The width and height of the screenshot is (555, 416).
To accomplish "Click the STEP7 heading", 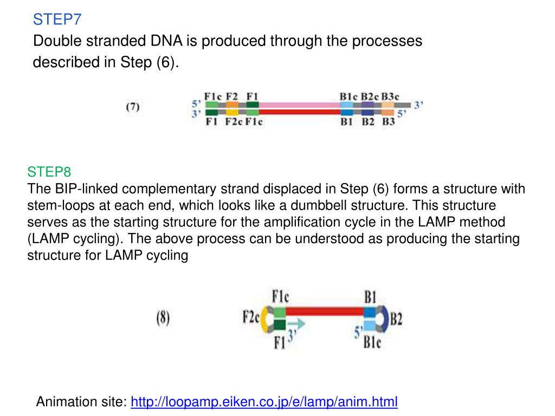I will pyautogui.click(x=57, y=20).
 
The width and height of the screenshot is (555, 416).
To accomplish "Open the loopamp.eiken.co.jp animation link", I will pyautogui.click(x=264, y=402).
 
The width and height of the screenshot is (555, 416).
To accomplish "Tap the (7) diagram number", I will pyautogui.click(x=133, y=107).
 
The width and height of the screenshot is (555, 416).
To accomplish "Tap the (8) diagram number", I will pyautogui.click(x=163, y=318).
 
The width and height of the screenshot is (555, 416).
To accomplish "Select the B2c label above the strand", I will pyautogui.click(x=370, y=96).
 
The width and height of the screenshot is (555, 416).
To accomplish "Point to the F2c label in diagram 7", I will pyautogui.click(x=234, y=122).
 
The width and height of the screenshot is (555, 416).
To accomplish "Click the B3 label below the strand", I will pyautogui.click(x=389, y=122).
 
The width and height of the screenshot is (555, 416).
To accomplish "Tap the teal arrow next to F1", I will pyautogui.click(x=298, y=324).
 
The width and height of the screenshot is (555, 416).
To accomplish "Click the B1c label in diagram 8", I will pyautogui.click(x=372, y=342).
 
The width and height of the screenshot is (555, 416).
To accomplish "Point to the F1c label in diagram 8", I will pyautogui.click(x=280, y=297).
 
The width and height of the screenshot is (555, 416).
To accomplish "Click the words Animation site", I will pyautogui.click(x=81, y=402).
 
